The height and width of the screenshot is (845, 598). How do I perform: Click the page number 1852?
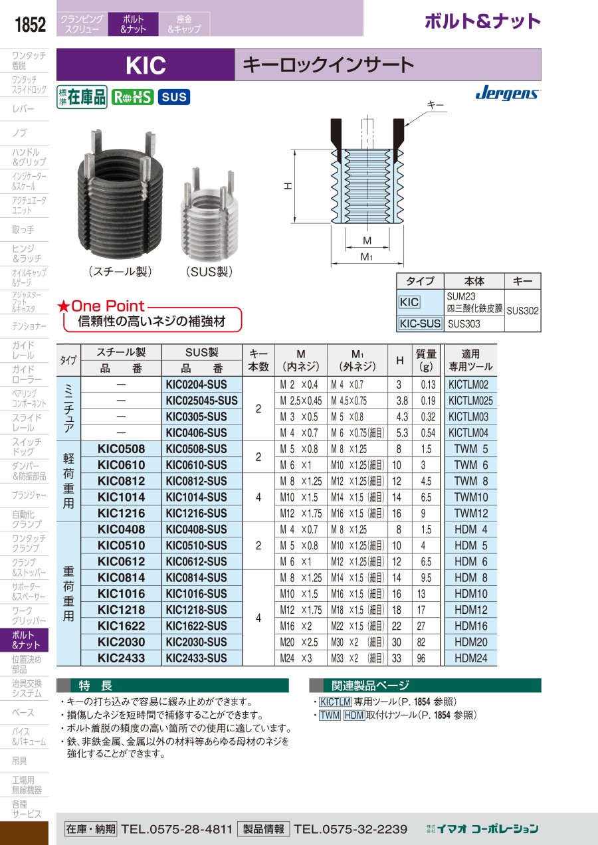click(x=30, y=25)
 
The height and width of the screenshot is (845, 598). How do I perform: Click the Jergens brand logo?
click(x=508, y=92)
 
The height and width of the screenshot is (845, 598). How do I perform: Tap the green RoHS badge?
click(x=132, y=97)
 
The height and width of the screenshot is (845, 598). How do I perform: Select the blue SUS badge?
click(x=174, y=97)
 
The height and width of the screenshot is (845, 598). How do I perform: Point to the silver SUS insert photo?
click(x=209, y=215)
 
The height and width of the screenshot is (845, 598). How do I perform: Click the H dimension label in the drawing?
click(x=288, y=185)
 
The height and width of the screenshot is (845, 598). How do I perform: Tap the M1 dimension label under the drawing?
click(x=366, y=257)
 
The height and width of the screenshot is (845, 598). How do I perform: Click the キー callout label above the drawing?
click(x=435, y=105)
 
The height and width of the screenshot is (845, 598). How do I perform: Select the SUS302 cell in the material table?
click(x=522, y=311)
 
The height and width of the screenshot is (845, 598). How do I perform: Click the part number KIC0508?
click(x=121, y=449)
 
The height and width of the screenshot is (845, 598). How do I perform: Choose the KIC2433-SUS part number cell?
click(x=196, y=658)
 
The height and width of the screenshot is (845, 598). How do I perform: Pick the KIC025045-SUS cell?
click(x=202, y=401)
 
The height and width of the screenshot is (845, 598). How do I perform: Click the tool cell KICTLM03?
click(x=468, y=417)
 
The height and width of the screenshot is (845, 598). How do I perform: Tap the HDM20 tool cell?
click(x=471, y=642)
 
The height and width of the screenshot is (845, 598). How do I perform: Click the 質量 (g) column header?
click(x=426, y=360)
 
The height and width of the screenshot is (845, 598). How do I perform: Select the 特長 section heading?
click(x=96, y=686)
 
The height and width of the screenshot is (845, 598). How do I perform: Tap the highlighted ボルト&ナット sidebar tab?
click(x=24, y=640)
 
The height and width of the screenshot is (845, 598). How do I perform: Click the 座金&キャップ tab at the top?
click(x=184, y=24)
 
